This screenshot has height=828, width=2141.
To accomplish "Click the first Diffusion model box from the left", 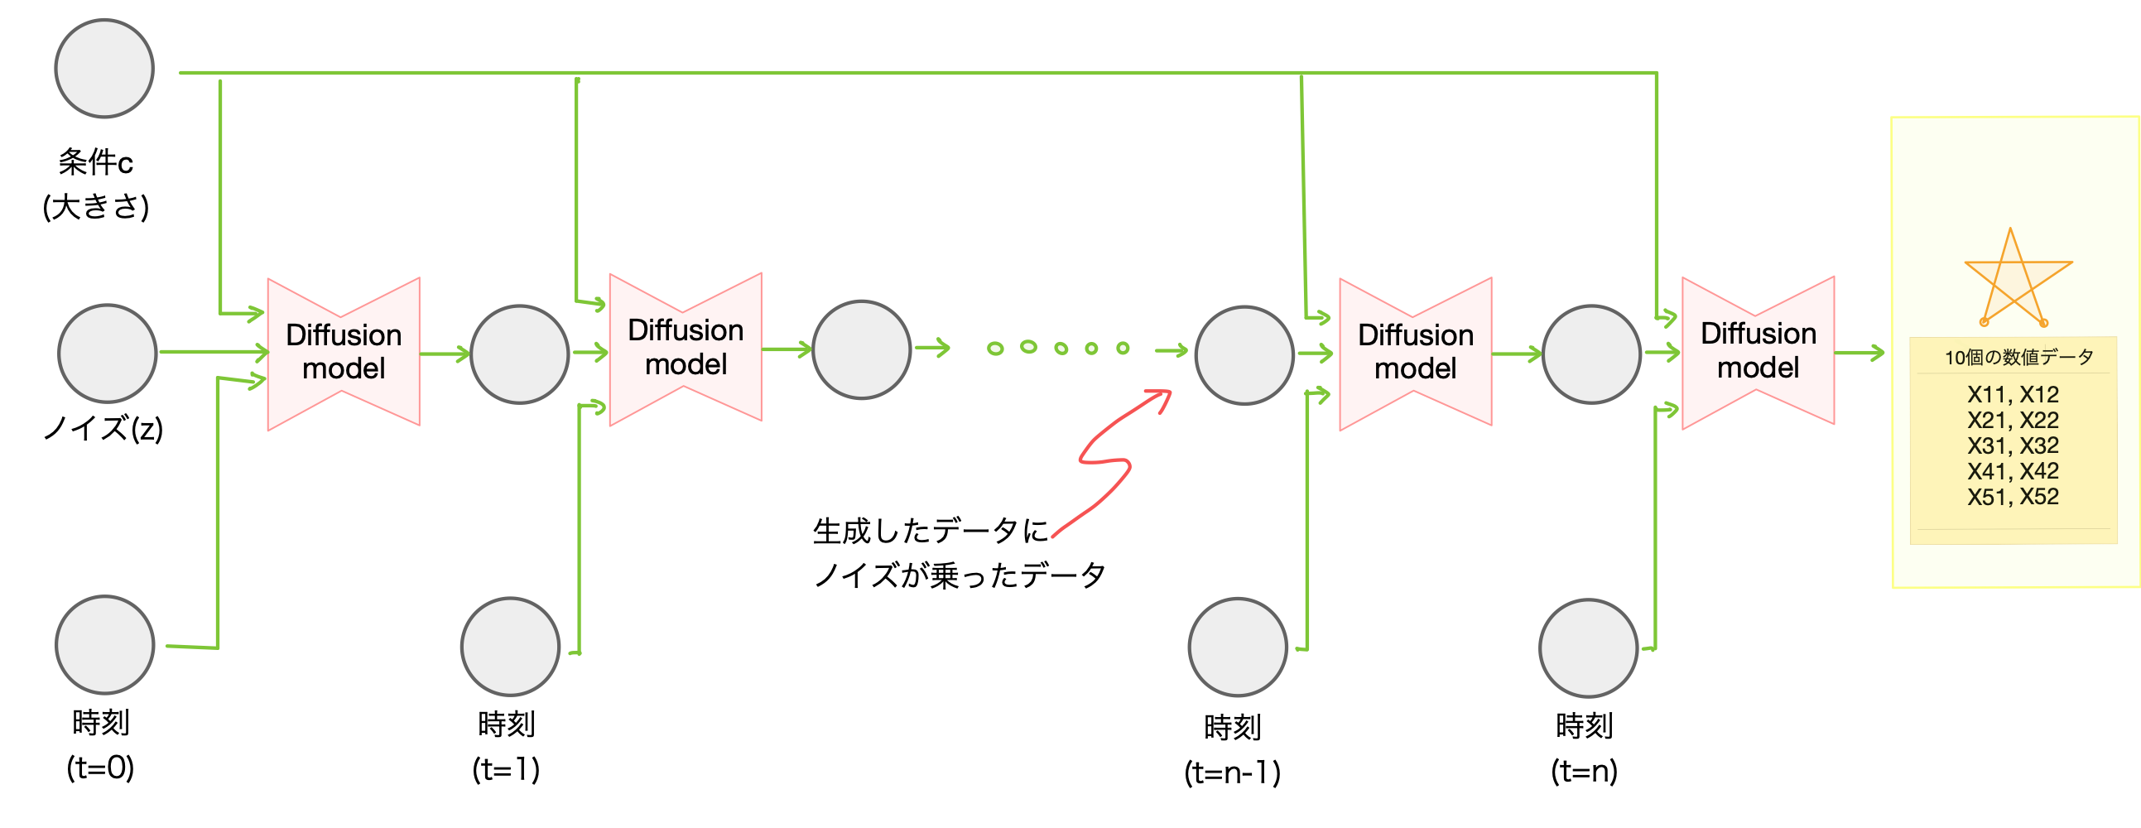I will [x=344, y=353].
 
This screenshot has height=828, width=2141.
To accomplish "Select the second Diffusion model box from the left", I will [x=686, y=349].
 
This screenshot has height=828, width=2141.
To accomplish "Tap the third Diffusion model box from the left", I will [x=1416, y=353].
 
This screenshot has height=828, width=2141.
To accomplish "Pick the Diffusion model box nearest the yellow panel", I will [x=1758, y=352].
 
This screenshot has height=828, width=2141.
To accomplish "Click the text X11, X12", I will [x=2012, y=394].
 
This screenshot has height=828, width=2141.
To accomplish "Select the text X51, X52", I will [x=2012, y=497].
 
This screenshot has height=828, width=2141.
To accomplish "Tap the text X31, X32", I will [x=2012, y=445].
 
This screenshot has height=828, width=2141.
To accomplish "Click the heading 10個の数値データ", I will [x=2018, y=358].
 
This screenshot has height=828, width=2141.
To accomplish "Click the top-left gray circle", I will [x=103, y=68].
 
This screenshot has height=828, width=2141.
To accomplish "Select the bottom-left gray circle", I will [x=104, y=645].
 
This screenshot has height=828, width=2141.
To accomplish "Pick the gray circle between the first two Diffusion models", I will [x=519, y=354].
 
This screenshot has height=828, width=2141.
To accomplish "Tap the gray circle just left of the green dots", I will [x=861, y=350].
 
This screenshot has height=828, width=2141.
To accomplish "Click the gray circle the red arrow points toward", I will [x=1244, y=355].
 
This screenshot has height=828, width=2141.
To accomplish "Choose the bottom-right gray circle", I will [x=1587, y=647].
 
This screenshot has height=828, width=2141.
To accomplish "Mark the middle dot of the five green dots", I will [x=1061, y=349].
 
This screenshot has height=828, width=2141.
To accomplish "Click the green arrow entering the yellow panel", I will [x=1860, y=354].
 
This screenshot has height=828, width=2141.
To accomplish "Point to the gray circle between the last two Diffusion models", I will [x=1590, y=354].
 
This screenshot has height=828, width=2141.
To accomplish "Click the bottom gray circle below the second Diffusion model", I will [x=509, y=647].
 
